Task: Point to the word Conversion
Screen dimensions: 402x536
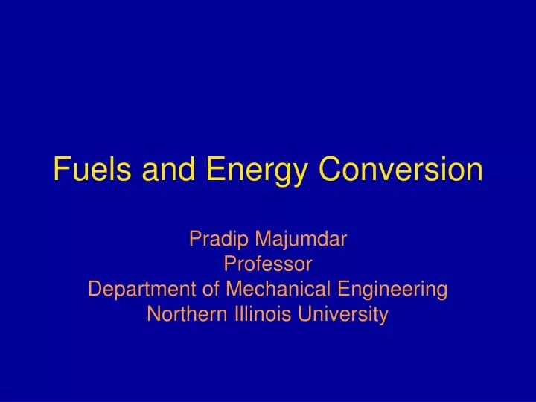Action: (x=401, y=170)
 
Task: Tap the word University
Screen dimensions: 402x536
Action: (x=342, y=314)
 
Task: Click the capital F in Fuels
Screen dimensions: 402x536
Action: (x=60, y=170)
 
